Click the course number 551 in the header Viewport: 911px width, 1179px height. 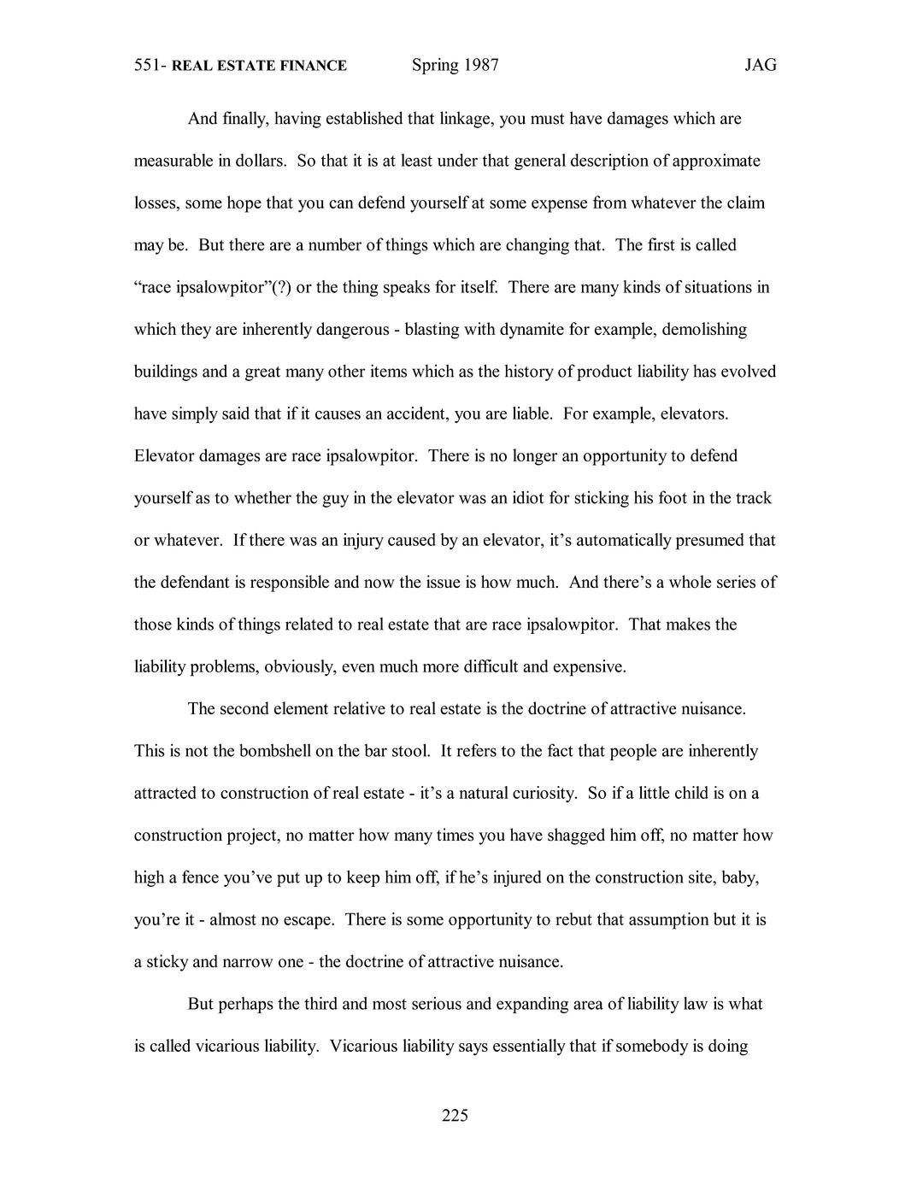pos(150,66)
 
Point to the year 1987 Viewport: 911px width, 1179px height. pos(481,66)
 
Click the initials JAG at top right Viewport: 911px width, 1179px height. pos(760,66)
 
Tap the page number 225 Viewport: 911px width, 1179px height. pos(455,1115)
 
